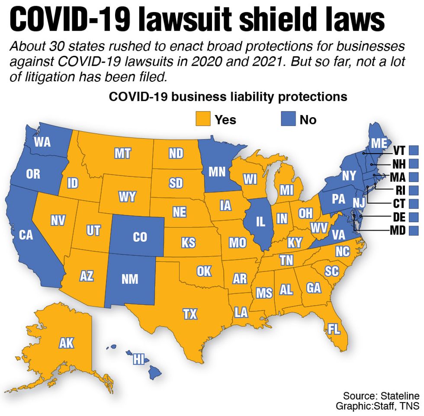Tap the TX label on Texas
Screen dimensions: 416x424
click(190, 314)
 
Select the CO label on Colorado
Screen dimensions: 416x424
click(140, 237)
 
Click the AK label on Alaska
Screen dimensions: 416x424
click(67, 343)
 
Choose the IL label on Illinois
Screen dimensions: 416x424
click(260, 222)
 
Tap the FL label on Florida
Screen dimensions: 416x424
click(334, 329)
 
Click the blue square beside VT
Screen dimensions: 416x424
click(414, 150)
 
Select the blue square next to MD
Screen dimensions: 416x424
click(414, 230)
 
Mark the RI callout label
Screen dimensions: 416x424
click(400, 190)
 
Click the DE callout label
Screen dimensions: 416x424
click(399, 217)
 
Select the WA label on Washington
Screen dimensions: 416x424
click(42, 142)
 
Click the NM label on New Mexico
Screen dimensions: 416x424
click(130, 279)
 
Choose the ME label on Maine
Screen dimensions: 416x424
click(379, 143)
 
